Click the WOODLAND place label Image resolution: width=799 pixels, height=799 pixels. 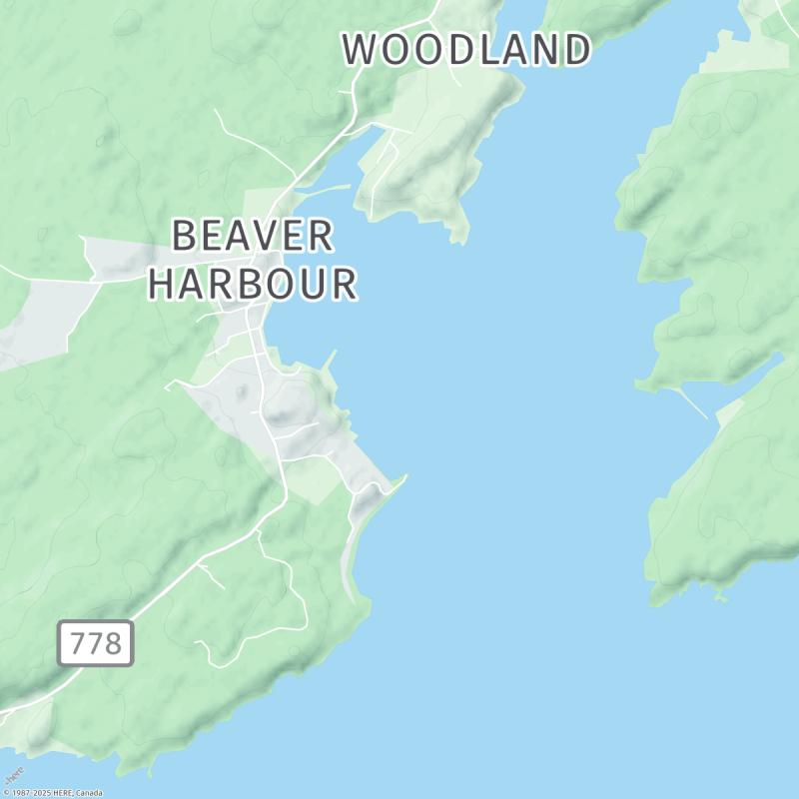pyautogui.click(x=467, y=49)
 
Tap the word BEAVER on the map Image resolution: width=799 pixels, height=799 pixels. pyautogui.click(x=253, y=237)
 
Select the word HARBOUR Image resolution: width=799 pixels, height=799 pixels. pyautogui.click(x=253, y=284)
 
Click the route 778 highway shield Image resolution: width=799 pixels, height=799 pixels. pyautogui.click(x=96, y=643)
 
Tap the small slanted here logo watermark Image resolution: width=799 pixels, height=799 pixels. pyautogui.click(x=14, y=775)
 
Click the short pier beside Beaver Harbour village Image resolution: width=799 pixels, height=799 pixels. pyautogui.click(x=329, y=360)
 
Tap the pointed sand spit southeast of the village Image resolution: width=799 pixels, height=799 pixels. pyautogui.click(x=402, y=479)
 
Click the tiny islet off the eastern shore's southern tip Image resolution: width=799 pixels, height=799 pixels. pyautogui.click(x=720, y=598)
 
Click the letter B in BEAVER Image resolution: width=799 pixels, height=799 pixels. pyautogui.click(x=185, y=237)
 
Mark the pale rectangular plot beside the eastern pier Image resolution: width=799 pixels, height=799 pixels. pyautogui.click(x=729, y=411)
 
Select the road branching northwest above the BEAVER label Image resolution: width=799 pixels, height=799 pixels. pyautogui.click(x=250, y=140)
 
